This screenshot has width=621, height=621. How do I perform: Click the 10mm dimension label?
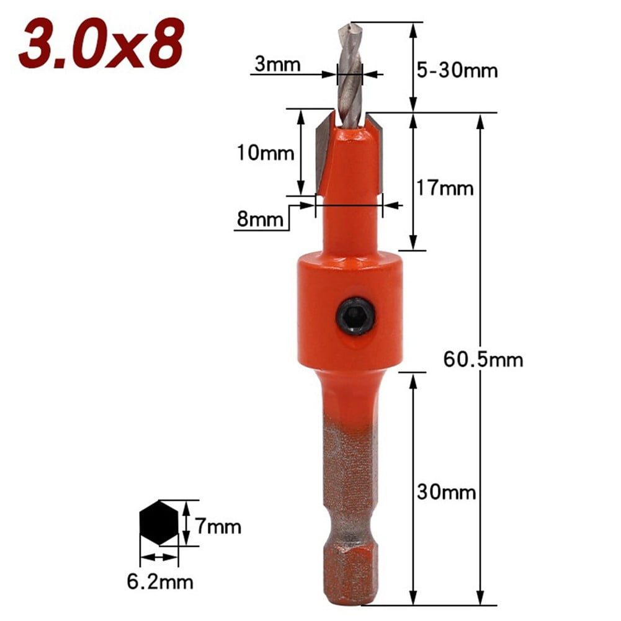pos(265,152)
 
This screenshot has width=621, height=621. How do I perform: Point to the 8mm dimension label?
pos(260,219)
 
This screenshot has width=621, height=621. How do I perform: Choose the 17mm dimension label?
pos(445,187)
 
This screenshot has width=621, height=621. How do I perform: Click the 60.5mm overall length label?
pos(483,359)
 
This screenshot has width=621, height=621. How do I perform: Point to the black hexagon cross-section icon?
pos(159,522)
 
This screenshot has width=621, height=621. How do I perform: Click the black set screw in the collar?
pos(356,319)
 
